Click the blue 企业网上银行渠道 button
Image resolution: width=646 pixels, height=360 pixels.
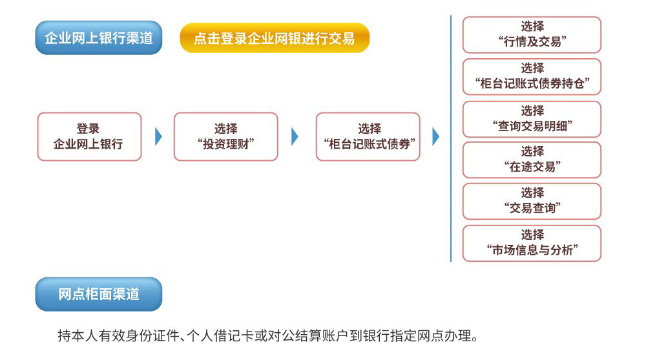click(98, 37)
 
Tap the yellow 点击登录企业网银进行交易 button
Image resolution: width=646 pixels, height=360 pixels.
click(275, 38)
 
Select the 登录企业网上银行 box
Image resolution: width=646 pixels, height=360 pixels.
click(89, 136)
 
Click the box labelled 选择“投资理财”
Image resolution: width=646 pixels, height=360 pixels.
click(225, 136)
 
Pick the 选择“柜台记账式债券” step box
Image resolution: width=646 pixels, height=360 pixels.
click(368, 136)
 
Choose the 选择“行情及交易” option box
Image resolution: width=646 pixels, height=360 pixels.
click(532, 35)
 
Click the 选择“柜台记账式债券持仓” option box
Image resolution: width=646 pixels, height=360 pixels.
click(532, 77)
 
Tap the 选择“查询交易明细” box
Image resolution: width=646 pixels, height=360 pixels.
click(532, 119)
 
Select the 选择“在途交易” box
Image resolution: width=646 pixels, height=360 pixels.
click(532, 160)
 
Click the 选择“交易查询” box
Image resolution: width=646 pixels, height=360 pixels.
click(532, 201)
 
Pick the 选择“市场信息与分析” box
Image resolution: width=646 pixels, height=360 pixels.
click(532, 243)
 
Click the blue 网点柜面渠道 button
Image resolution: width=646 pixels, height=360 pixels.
click(98, 294)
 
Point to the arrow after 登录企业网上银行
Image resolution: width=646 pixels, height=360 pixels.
click(158, 136)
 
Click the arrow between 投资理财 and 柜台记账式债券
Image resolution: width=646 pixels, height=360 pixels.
click(295, 136)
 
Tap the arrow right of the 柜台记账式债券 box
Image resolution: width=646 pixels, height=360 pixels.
click(436, 136)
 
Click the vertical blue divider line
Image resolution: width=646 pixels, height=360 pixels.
click(451, 138)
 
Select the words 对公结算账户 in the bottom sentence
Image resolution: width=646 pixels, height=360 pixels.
click(309, 335)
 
